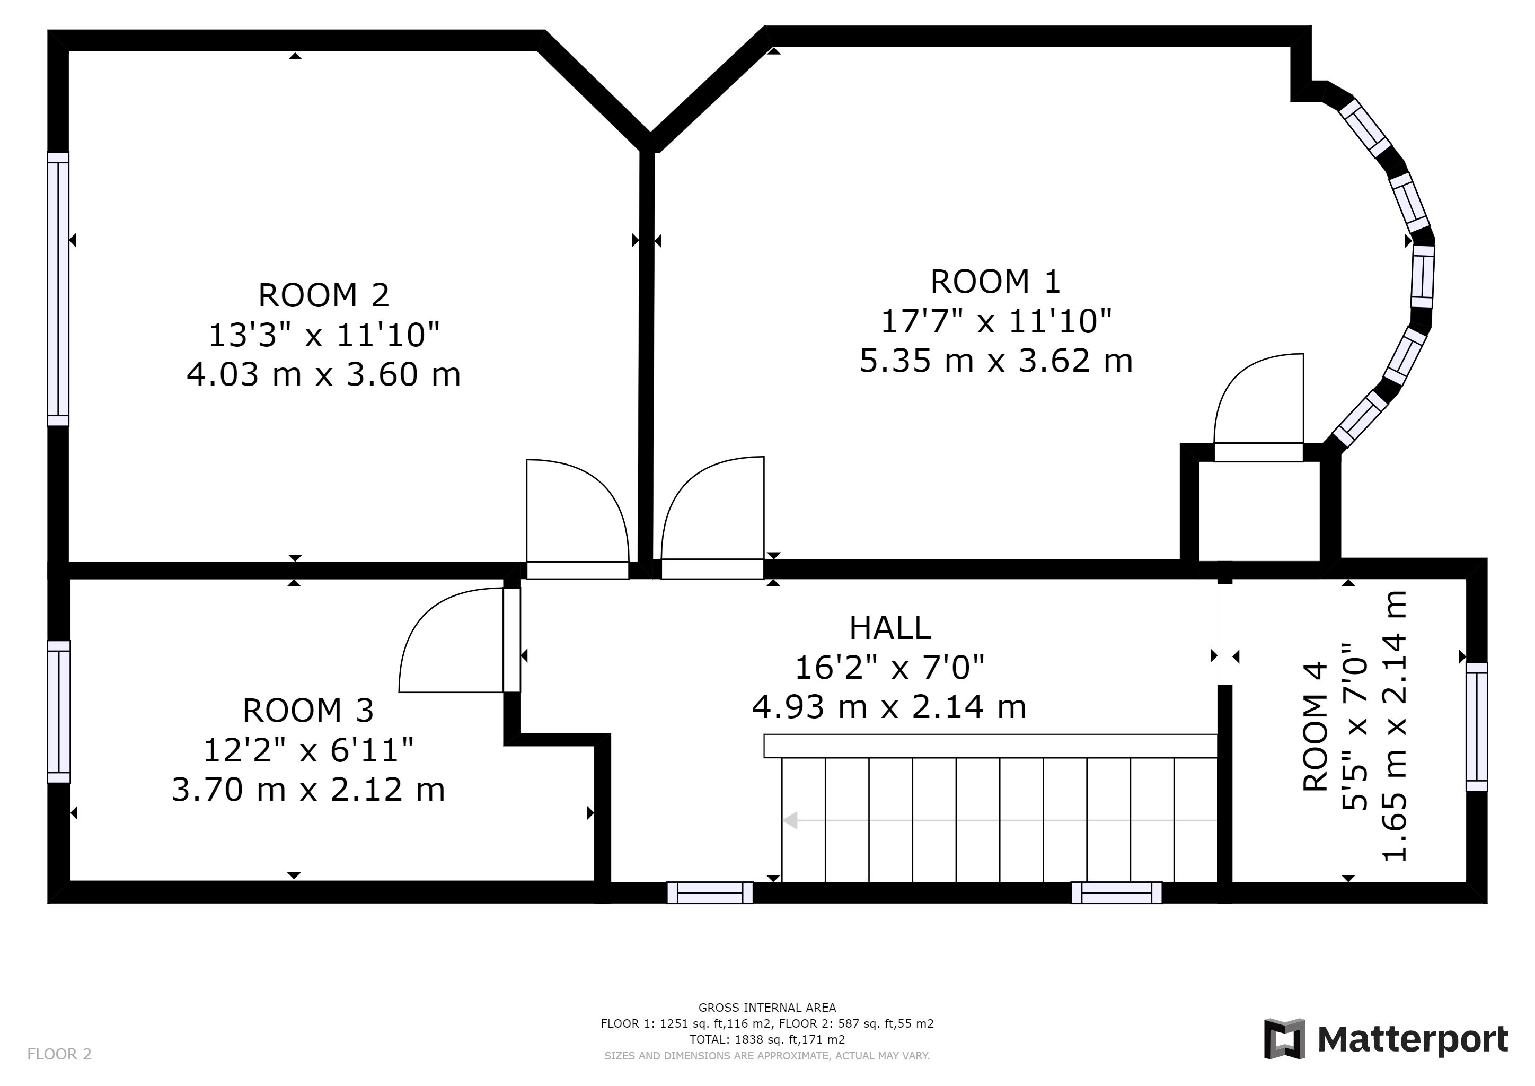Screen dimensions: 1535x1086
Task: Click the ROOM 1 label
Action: point(995,282)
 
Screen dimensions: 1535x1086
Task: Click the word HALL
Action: point(890,628)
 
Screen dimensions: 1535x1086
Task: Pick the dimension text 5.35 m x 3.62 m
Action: point(995,361)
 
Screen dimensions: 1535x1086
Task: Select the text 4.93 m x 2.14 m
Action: point(889,707)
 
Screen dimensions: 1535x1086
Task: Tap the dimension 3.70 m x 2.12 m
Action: point(308,790)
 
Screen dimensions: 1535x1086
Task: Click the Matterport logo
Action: point(1386,1039)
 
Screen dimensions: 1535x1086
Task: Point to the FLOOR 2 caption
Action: point(59,1055)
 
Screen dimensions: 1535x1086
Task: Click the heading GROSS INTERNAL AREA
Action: point(767,1008)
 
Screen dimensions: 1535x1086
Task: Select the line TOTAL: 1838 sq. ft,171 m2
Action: point(767,1040)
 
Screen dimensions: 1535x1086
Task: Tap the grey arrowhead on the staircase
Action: point(790,820)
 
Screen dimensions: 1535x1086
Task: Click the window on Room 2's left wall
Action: point(58,289)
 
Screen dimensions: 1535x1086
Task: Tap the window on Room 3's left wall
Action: point(58,712)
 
